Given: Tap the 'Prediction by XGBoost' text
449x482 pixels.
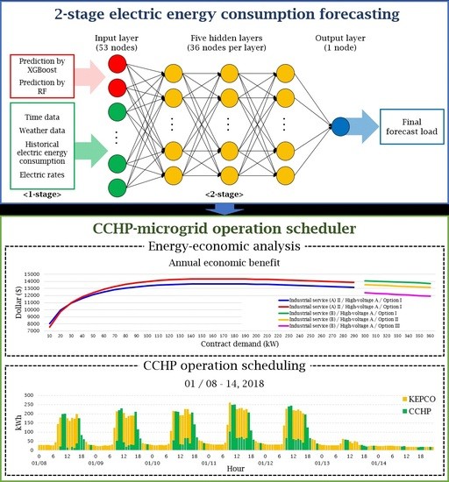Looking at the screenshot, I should [44, 72].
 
